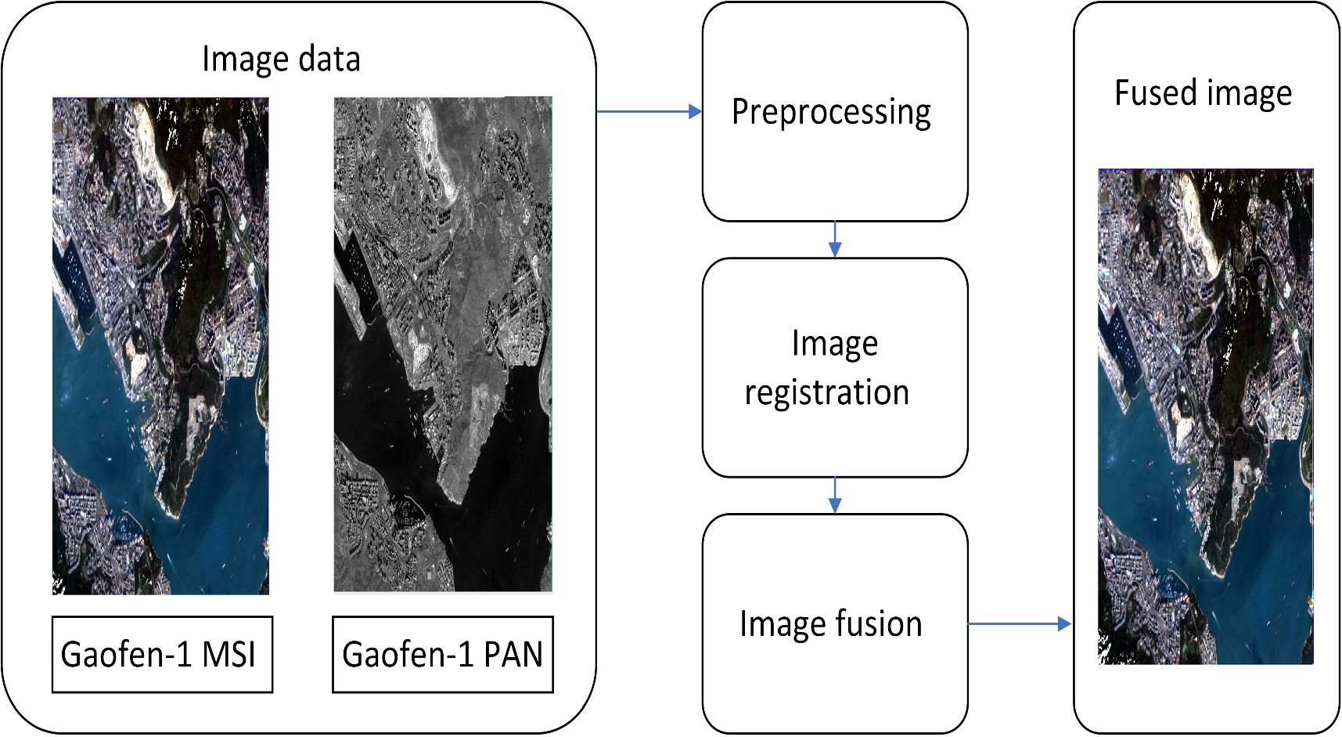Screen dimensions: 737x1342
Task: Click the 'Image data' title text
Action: coord(281,60)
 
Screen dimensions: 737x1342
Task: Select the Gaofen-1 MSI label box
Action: coord(162,655)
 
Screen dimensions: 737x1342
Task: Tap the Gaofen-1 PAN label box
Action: coord(442,655)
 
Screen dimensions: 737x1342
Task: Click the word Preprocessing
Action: coord(831,112)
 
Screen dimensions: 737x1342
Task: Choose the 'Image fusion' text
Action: coord(831,624)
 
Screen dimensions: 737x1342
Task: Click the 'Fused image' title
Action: coord(1203,93)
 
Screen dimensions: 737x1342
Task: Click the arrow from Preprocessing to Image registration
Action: coord(835,240)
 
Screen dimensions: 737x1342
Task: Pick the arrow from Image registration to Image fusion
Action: coord(835,495)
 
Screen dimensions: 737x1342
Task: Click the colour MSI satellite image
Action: coord(160,345)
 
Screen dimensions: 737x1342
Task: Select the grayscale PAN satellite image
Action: coord(443,344)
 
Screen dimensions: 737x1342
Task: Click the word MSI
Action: coord(229,655)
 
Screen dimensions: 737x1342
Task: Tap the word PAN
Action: coord(513,655)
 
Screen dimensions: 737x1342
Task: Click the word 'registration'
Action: coord(827,392)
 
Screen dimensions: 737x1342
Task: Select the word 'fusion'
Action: coord(879,624)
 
